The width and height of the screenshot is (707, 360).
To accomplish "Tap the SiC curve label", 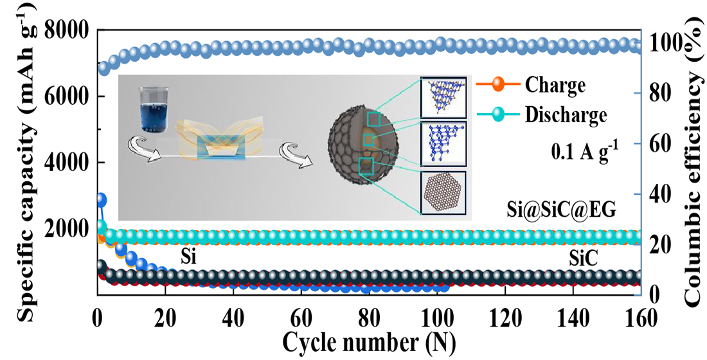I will [x=584, y=258].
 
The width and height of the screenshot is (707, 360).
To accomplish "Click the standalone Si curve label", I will [x=188, y=258].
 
